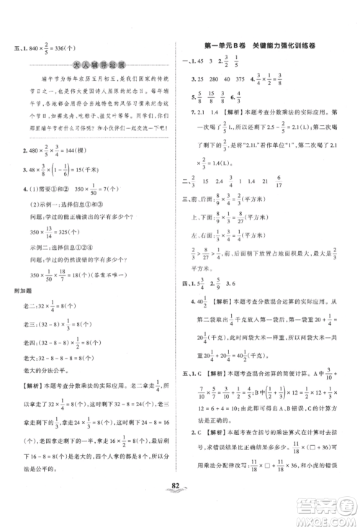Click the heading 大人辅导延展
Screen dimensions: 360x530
[x=94, y=66]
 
